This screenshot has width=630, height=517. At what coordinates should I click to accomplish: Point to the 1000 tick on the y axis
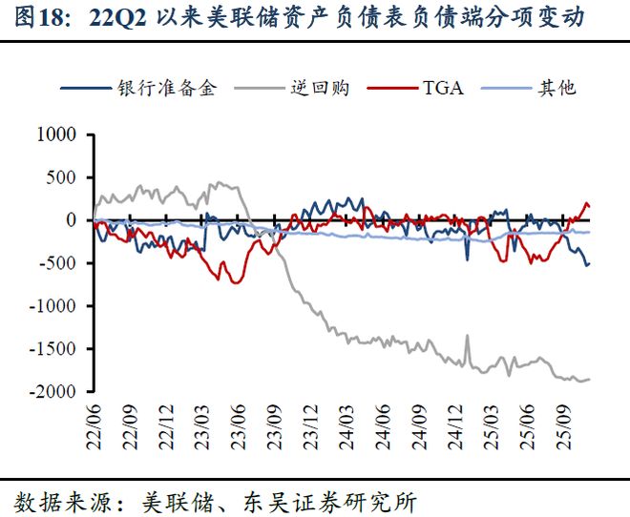point(54,134)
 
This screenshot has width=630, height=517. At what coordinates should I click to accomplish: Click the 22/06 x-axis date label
point(94,424)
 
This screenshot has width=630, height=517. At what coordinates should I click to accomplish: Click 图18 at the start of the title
point(39,18)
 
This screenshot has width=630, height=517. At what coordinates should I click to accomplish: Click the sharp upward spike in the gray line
point(467,337)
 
